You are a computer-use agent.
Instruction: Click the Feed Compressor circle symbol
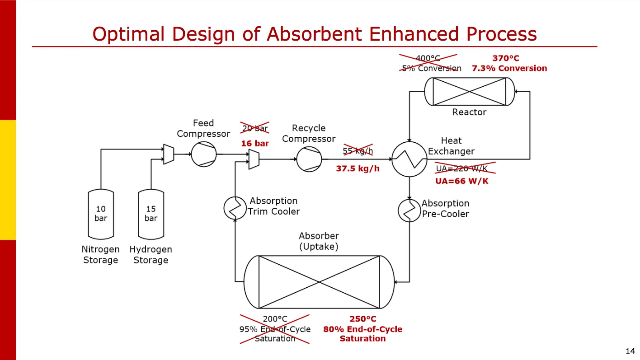(x=204, y=154)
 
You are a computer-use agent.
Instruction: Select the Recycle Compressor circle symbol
(x=309, y=159)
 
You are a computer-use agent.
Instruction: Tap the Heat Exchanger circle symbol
(x=409, y=159)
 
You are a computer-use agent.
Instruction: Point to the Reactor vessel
(x=469, y=92)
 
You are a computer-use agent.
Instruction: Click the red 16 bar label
(x=255, y=144)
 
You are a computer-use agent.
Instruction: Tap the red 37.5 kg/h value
(x=358, y=169)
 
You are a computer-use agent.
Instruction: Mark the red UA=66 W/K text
(x=462, y=181)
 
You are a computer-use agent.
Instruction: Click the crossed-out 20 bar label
(x=255, y=128)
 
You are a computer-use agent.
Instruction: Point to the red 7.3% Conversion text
(x=509, y=68)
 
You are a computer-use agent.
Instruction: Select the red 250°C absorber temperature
(x=362, y=319)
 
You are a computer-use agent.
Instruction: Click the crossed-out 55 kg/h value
(x=358, y=151)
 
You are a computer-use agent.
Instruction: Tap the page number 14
(x=630, y=351)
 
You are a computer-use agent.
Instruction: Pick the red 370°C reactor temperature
(x=506, y=58)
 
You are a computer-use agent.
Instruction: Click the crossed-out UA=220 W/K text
(x=461, y=168)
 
